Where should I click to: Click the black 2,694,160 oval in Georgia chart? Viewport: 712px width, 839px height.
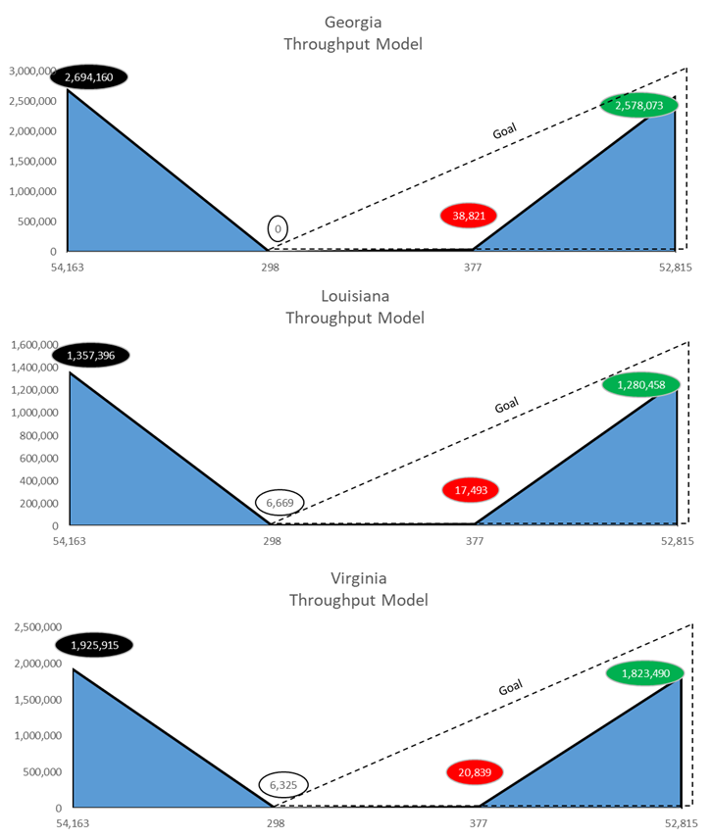pos(96,76)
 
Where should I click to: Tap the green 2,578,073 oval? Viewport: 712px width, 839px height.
pos(639,104)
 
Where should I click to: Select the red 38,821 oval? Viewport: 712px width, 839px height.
pos(469,216)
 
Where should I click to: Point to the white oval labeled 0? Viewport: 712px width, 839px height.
pos(278,229)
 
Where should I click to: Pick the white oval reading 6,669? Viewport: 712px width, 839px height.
pos(280,502)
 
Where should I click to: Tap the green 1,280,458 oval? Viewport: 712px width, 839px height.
pos(641,384)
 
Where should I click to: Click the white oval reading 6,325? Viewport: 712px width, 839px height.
pos(282,784)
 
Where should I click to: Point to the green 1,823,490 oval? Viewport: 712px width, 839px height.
pos(644,673)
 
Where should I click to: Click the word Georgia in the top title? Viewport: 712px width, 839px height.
pos(352,23)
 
